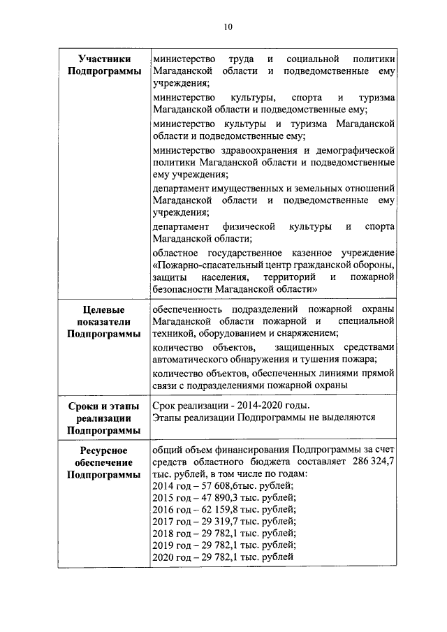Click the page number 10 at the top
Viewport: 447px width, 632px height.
tap(228, 27)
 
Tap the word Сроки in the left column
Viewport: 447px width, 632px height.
tap(83, 406)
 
